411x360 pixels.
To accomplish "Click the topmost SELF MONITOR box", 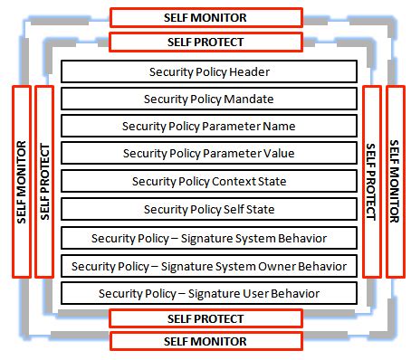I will pos(205,17).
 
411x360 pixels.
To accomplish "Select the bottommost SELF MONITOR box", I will pos(205,341).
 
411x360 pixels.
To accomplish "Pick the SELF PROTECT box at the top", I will pos(205,42).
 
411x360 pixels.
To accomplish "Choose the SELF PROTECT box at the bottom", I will pos(205,318).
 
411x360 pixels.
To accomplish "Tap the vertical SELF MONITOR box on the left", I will pos(21,181).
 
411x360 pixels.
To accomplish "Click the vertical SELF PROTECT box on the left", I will pos(43,181).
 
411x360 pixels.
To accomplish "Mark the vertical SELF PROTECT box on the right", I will pos(371,181).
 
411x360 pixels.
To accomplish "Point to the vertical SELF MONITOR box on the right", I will pos(395,181).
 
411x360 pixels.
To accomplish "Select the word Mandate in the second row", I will pos(249,98).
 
